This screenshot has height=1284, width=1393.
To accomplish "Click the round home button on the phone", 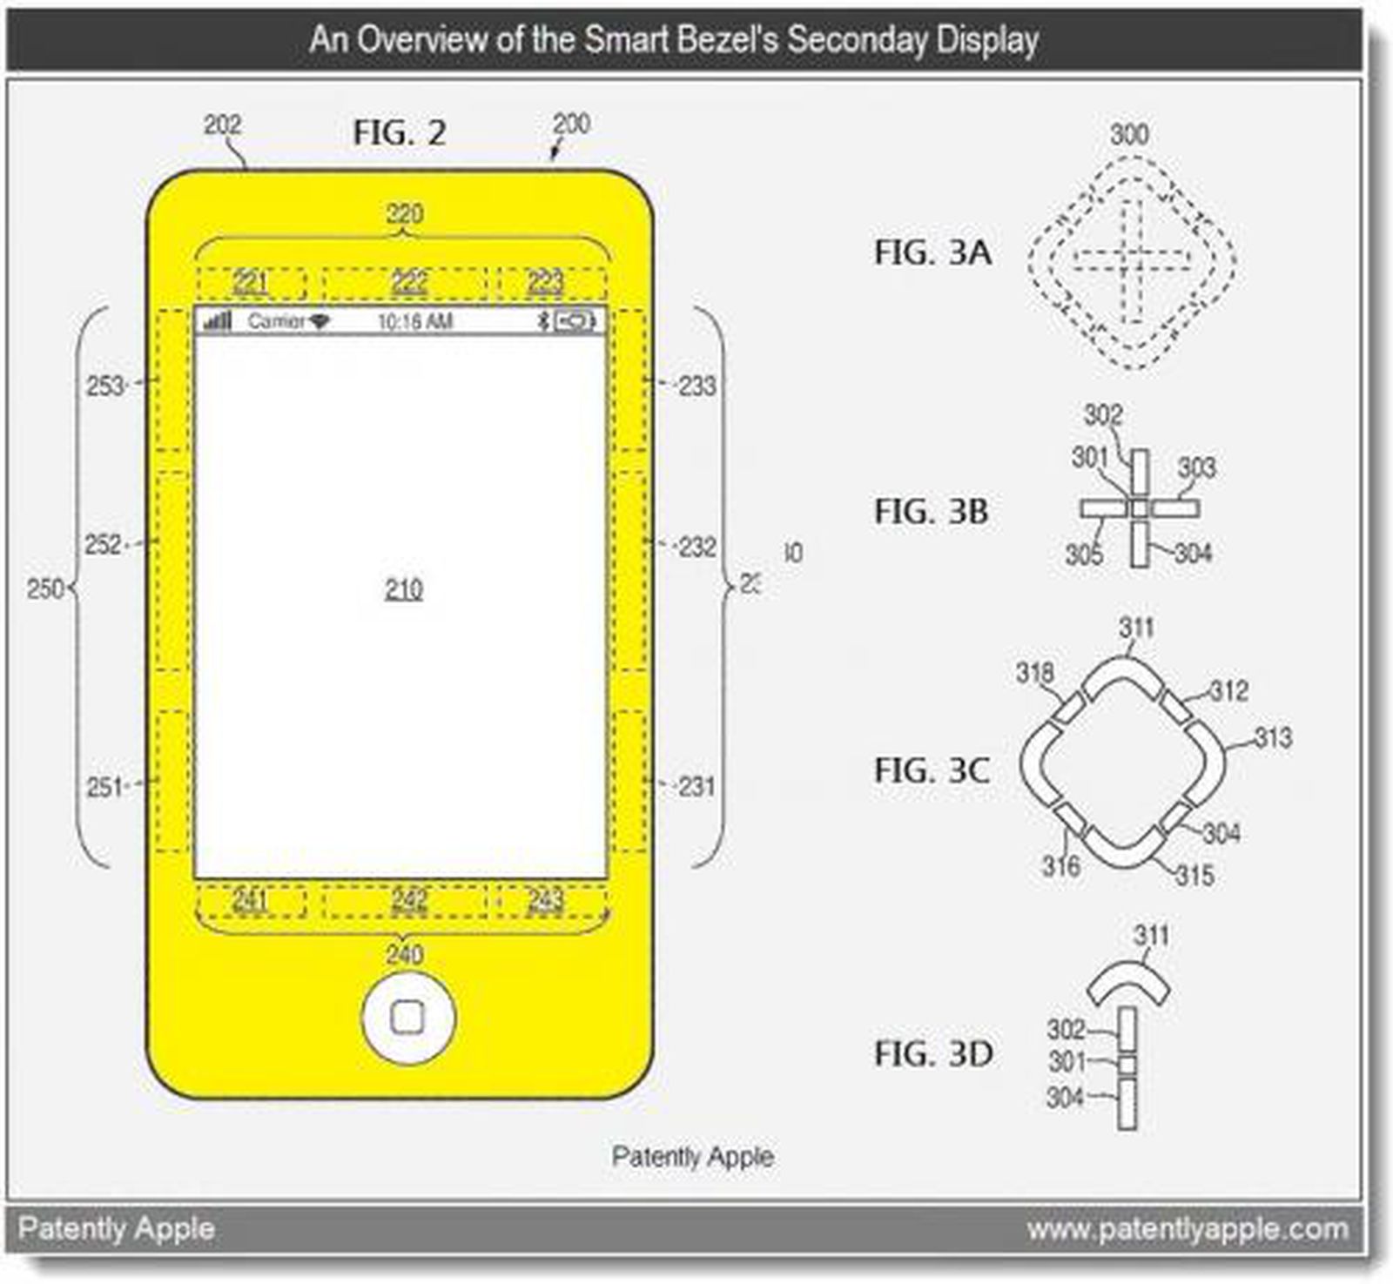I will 408,1017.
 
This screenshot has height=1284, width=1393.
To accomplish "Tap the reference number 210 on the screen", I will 404,589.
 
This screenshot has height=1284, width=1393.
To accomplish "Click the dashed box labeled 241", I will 251,900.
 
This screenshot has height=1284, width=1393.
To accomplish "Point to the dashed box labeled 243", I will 546,900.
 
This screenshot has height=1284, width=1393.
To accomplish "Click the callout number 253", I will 105,385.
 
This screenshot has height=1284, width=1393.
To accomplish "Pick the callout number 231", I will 696,786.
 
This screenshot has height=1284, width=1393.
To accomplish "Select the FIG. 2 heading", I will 399,133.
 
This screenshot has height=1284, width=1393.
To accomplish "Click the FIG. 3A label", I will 932,252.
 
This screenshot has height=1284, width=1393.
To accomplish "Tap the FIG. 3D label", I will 932,1053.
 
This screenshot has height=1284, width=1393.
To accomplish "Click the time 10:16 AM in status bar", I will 414,322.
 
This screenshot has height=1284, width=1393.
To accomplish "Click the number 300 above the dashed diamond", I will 1129,134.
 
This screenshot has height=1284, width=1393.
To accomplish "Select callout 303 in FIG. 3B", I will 1196,467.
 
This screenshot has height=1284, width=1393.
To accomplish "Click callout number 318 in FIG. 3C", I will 1034,672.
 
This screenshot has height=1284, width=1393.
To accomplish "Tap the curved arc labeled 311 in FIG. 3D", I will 1128,979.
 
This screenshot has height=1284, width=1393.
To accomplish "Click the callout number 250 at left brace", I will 45,589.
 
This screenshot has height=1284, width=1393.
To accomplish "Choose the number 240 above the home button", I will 405,954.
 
